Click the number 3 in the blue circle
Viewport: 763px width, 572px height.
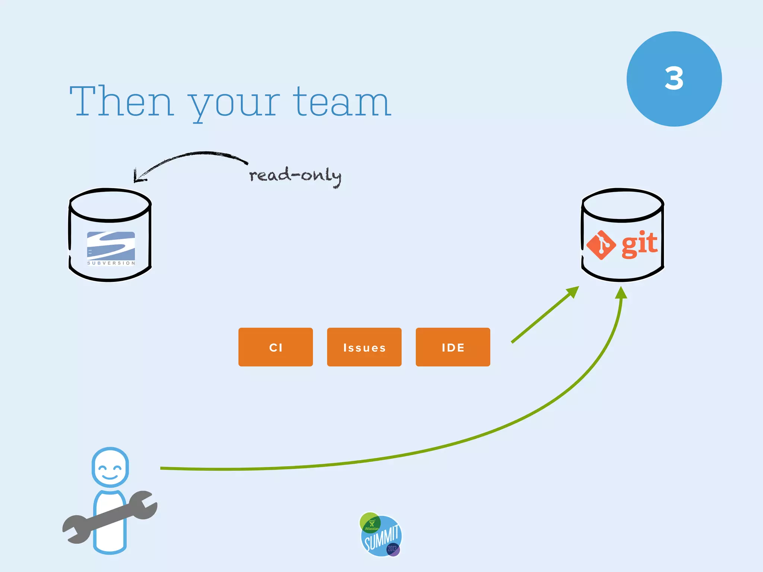[674, 79]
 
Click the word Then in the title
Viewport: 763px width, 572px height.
[121, 101]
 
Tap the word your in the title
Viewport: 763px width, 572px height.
[234, 104]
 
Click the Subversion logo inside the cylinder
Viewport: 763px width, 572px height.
[111, 246]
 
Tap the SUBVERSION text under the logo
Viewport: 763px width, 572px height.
[111, 263]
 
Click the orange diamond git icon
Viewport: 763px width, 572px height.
[601, 245]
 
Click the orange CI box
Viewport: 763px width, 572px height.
[276, 347]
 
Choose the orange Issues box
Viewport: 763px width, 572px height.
[364, 347]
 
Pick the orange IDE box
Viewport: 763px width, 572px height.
[453, 347]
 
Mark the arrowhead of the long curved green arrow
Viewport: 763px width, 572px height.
[621, 293]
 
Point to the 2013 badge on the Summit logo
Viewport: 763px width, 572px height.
[392, 549]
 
